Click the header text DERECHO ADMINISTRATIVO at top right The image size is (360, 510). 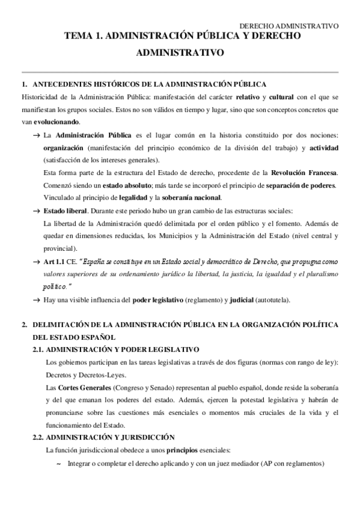click(288, 26)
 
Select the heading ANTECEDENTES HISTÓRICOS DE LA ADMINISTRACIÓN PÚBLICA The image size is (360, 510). click(150, 84)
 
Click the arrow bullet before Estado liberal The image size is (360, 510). click(37, 211)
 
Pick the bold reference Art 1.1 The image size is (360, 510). click(57, 263)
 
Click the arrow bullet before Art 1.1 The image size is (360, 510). click(37, 263)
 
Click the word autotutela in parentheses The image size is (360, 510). click(274, 300)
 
